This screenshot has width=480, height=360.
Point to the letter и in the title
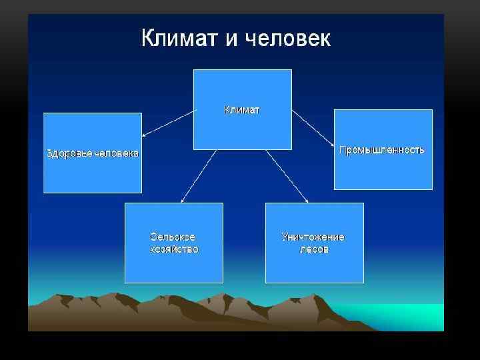tap(231, 39)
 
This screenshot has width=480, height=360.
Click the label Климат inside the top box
tap(242, 110)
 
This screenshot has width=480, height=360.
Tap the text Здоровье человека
tap(93, 153)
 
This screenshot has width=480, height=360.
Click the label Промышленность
tap(382, 150)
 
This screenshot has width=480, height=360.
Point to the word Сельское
tap(173, 237)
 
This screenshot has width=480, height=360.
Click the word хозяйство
tap(174, 249)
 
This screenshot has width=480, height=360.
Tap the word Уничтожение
tap(313, 237)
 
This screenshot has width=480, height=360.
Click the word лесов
tap(313, 249)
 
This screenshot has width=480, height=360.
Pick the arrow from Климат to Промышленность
tap(313, 129)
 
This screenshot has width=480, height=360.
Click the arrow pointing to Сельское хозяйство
tap(198, 176)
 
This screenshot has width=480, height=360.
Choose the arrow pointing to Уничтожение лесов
tap(287, 176)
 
